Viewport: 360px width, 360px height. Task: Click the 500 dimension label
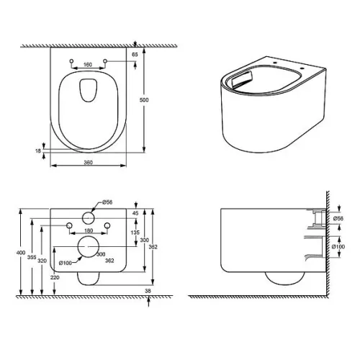click(x=144, y=99)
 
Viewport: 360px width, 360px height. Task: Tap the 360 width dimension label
click(x=88, y=163)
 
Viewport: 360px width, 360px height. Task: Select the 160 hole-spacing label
click(x=88, y=65)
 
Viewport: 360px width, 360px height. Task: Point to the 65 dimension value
click(x=135, y=55)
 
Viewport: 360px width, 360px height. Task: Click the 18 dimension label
click(x=38, y=150)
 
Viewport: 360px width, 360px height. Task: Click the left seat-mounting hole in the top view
click(x=71, y=61)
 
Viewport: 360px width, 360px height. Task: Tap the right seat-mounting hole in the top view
click(x=105, y=61)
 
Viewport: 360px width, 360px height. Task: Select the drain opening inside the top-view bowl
click(x=89, y=90)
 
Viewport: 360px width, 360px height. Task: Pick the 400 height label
click(x=21, y=253)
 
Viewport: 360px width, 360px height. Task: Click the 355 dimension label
click(x=32, y=257)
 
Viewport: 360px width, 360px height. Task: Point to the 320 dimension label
click(x=42, y=261)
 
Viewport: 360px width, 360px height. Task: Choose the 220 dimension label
click(x=55, y=277)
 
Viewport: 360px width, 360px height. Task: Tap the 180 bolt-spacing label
click(x=89, y=230)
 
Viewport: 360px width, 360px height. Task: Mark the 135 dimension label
click(x=135, y=233)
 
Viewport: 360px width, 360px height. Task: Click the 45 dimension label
click(x=135, y=213)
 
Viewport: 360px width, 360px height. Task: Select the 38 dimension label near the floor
click(x=148, y=291)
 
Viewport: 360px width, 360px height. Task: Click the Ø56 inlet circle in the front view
click(x=89, y=218)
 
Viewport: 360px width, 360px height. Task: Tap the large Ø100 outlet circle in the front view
click(x=89, y=246)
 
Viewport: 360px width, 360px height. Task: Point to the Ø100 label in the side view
click(x=338, y=246)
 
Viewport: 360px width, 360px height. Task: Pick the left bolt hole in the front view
click(x=69, y=225)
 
